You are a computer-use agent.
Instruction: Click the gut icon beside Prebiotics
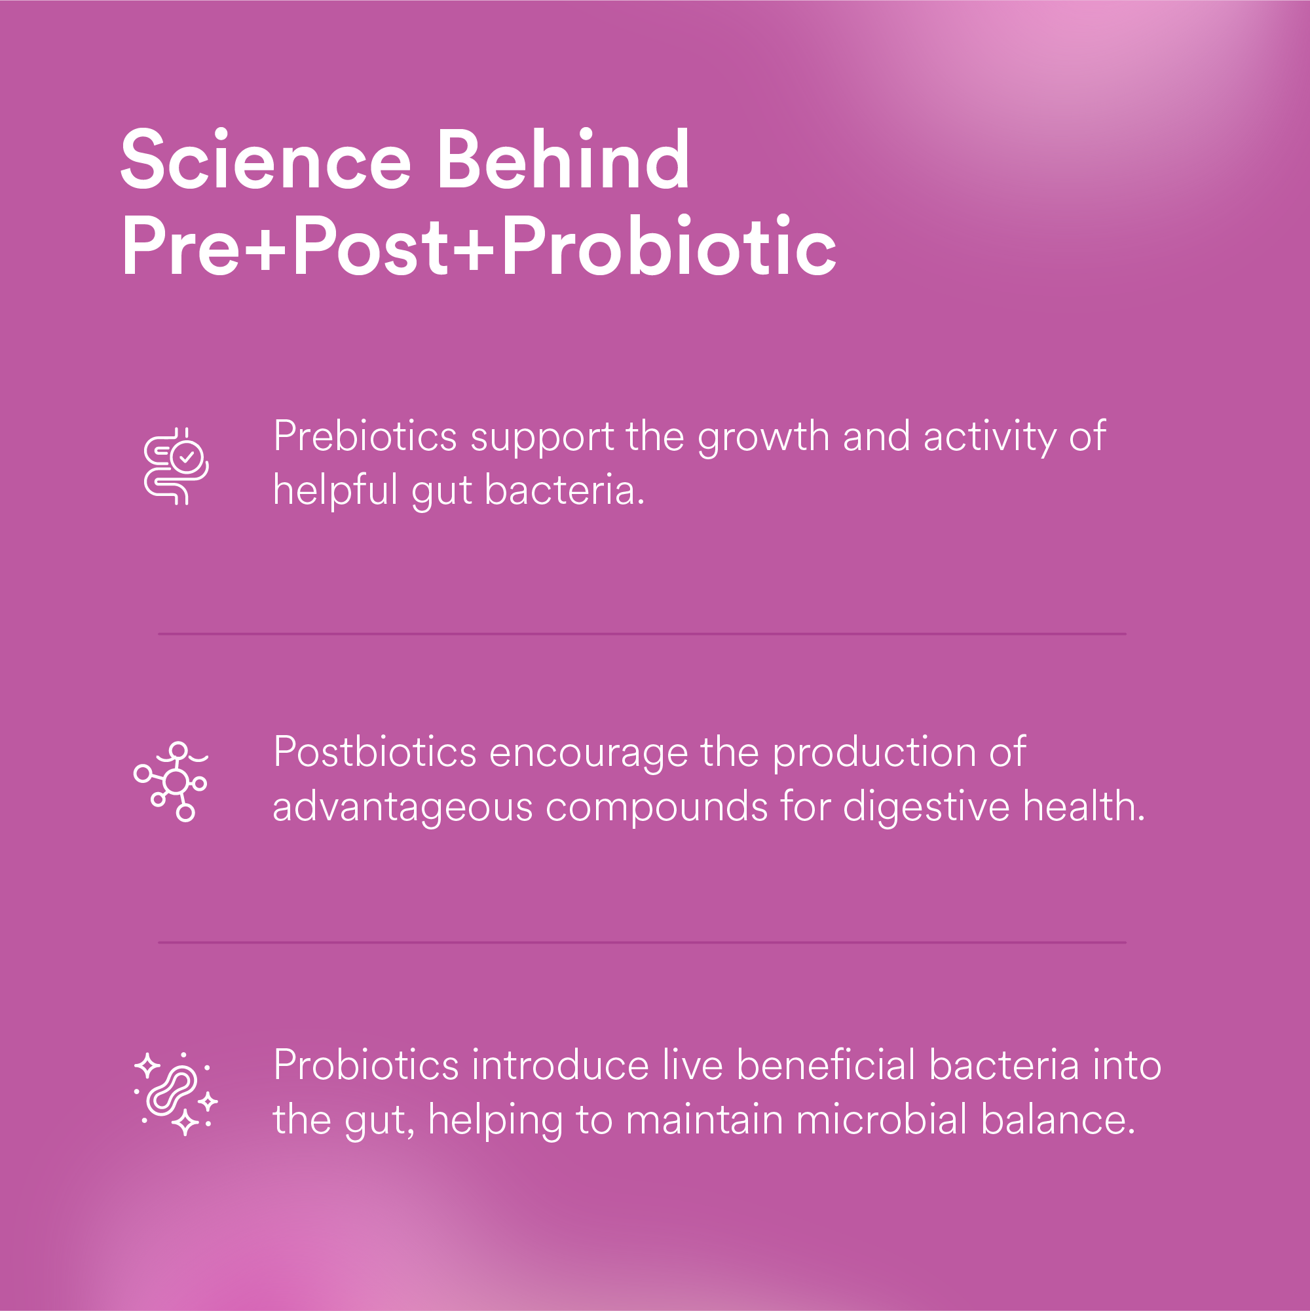(x=176, y=466)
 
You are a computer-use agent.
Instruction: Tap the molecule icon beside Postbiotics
(x=172, y=781)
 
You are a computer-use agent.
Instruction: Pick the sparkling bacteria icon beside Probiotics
(x=176, y=1093)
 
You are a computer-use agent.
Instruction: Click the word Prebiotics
(x=365, y=436)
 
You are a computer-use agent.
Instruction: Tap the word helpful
(x=335, y=490)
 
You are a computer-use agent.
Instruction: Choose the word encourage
(x=588, y=753)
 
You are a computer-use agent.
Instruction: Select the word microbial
(x=881, y=1119)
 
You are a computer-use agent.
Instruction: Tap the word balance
(x=1058, y=1119)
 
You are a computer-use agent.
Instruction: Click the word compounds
(x=656, y=807)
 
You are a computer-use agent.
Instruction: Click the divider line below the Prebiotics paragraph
(x=642, y=634)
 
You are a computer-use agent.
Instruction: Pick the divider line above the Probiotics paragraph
(x=642, y=943)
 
